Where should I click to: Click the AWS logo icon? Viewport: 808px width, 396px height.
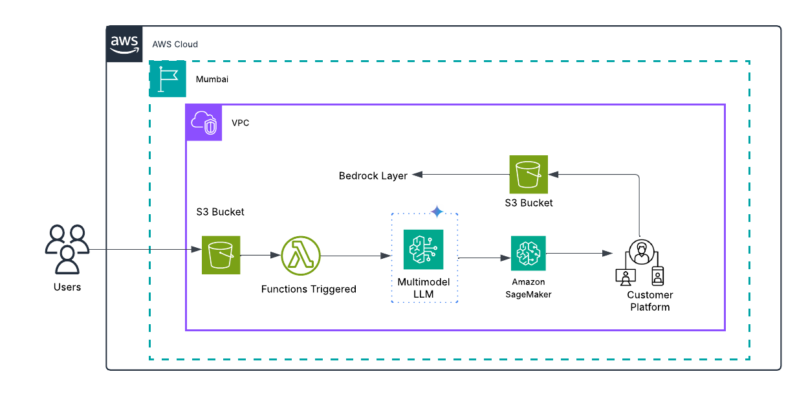coord(125,44)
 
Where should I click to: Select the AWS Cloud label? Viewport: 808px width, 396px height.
coord(175,45)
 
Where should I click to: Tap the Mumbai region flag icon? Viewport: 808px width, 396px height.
coord(168,79)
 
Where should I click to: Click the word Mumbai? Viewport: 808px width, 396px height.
coord(212,80)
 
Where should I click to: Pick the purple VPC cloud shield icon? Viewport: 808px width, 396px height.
coord(204,122)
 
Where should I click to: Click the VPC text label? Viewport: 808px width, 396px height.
coord(240,123)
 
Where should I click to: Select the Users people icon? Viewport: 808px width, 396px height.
coord(67,250)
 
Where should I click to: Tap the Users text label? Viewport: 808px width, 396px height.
coord(67,287)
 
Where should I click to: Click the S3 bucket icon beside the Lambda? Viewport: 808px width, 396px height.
coord(221,255)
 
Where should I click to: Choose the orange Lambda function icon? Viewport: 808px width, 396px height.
coord(301,256)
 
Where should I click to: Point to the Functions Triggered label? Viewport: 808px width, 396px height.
coord(309,289)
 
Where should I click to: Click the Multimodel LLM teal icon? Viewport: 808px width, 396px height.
coord(423,249)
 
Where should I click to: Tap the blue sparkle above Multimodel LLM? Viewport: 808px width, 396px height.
coord(437,212)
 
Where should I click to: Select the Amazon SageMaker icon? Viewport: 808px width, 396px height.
coord(528,253)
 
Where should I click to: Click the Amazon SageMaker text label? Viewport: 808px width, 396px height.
coord(529,288)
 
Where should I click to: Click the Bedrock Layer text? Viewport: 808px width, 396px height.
coord(373,176)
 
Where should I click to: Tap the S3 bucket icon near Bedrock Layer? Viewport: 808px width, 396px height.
coord(529,174)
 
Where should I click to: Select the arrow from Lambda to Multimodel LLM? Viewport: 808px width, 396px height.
coord(356,256)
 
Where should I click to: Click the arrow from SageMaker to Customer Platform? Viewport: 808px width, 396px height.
coord(579,254)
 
